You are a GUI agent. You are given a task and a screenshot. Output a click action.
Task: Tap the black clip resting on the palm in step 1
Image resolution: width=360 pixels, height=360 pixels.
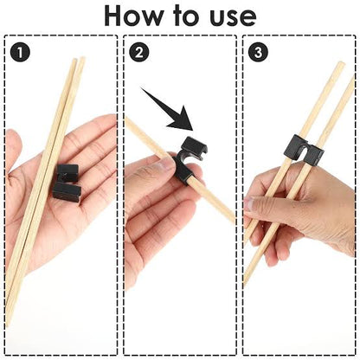(67, 182)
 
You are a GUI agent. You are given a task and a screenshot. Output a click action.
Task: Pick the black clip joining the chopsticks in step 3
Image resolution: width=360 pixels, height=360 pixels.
(300, 152)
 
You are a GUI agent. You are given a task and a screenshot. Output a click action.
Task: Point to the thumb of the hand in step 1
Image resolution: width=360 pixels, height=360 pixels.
(13, 151)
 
